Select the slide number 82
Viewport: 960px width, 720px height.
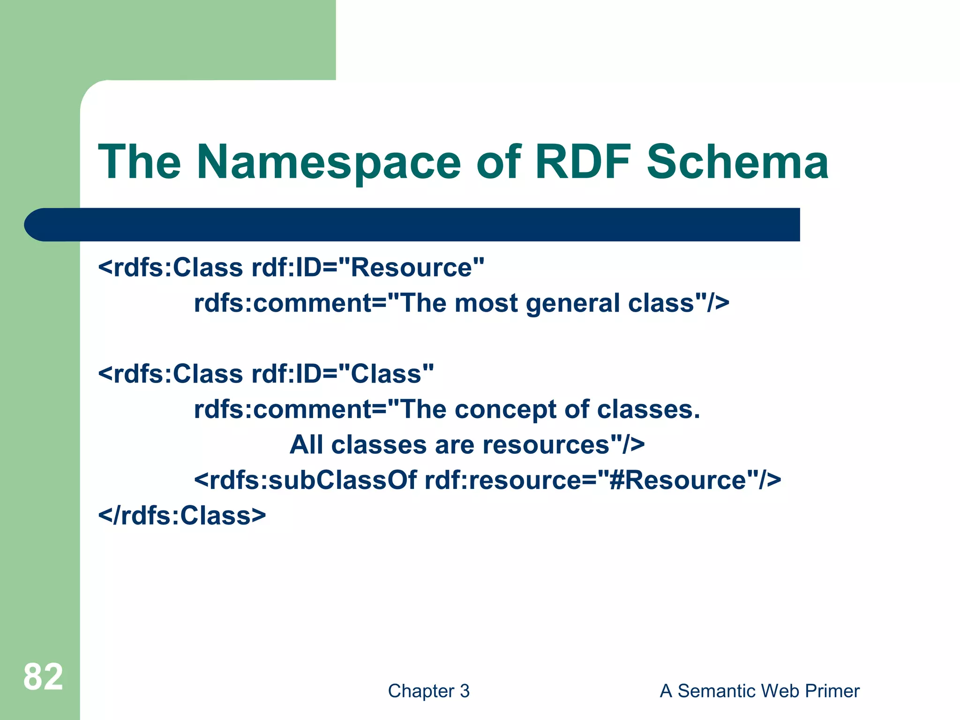point(43,677)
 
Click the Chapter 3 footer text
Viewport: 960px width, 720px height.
point(428,691)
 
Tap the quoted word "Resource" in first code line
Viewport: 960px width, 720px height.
point(411,268)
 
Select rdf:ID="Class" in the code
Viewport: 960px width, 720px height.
point(343,374)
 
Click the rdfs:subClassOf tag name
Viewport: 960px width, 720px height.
point(305,480)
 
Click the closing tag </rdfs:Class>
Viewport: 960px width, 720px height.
point(182,516)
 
